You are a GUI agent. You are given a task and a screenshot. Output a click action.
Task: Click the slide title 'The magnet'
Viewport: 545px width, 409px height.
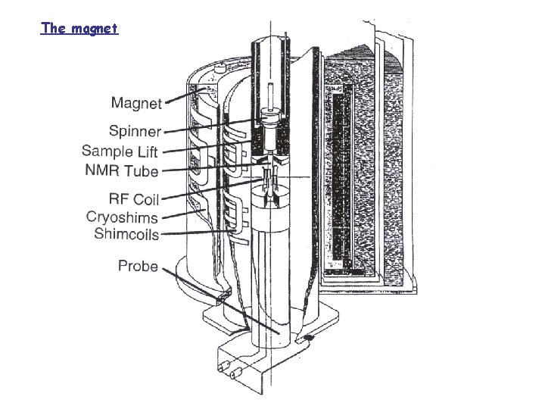pos(79,29)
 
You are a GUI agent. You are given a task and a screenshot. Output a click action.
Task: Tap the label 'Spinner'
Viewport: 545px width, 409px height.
pos(134,131)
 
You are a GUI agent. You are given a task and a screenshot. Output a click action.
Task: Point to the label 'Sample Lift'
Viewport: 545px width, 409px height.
pos(120,151)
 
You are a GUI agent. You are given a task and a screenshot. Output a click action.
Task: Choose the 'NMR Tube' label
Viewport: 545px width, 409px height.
pos(122,170)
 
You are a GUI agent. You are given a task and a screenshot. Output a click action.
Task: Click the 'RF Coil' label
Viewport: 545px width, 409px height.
pos(134,199)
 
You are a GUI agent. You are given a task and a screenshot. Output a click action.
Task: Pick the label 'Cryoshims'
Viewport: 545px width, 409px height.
pos(123,217)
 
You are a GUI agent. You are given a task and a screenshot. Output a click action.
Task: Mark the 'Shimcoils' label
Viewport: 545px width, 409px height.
pos(126,234)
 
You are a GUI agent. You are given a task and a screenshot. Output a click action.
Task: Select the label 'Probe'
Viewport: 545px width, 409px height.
pos(138,266)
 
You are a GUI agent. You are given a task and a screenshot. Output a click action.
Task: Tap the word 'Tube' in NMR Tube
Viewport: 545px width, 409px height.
pos(142,170)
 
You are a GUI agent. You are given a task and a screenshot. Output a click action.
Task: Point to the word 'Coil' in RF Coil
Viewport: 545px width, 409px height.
pos(145,199)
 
